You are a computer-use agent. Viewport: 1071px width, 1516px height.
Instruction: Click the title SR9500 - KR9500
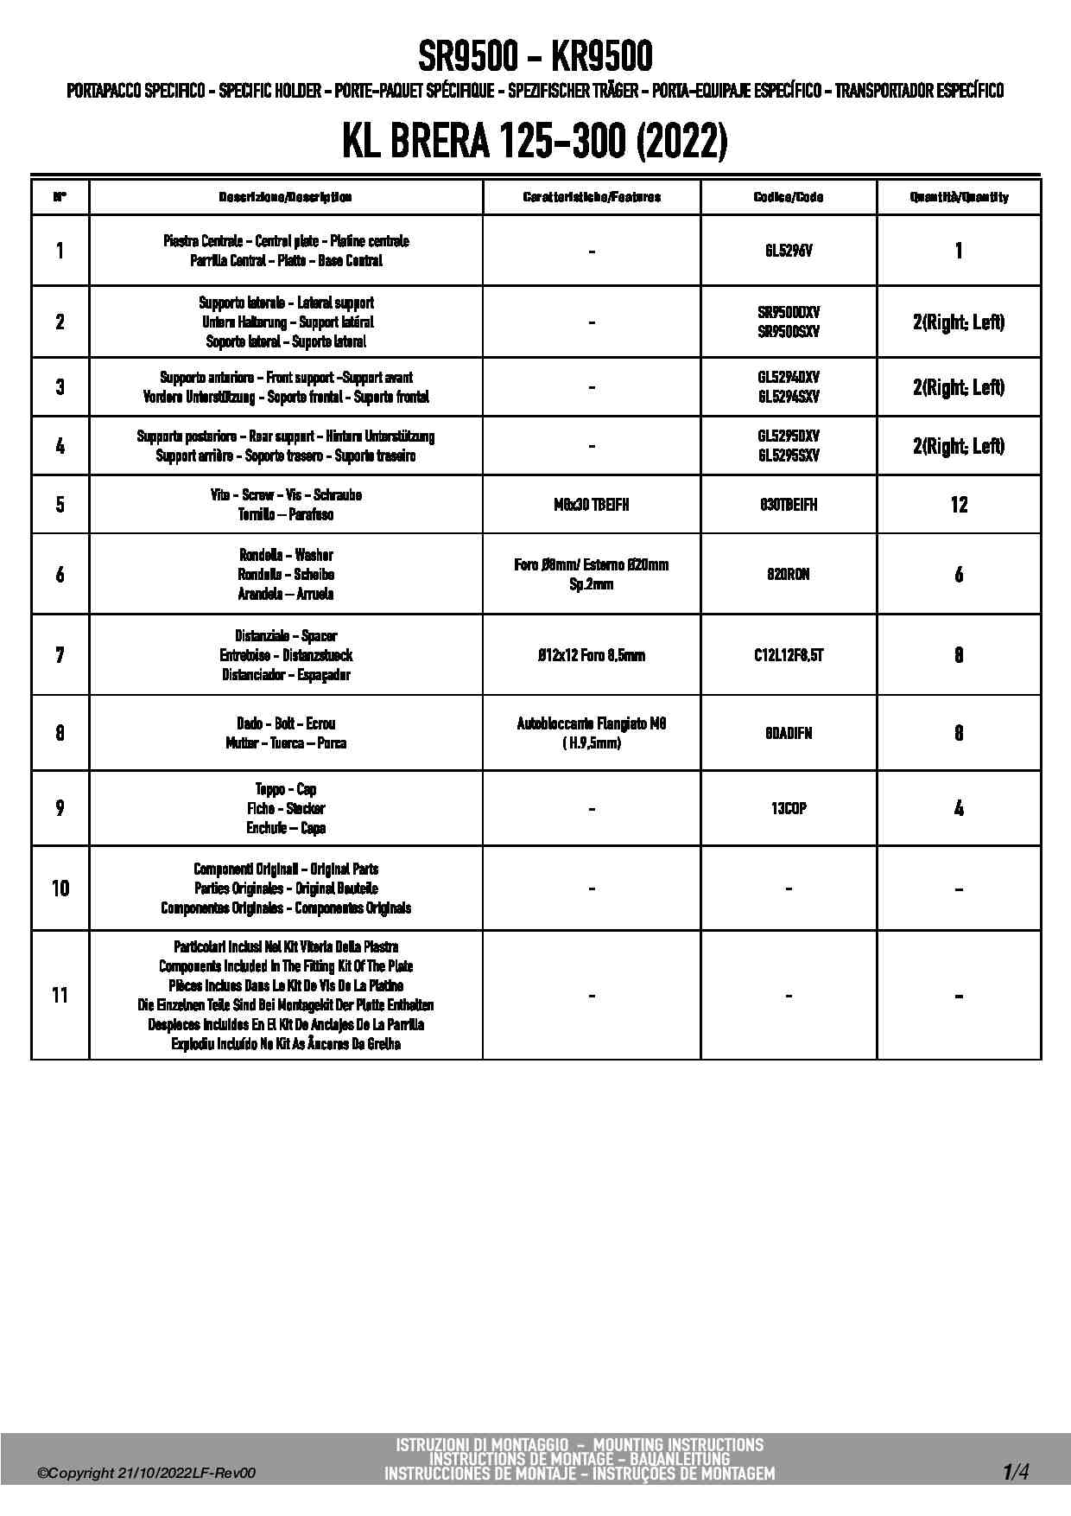pos(535,58)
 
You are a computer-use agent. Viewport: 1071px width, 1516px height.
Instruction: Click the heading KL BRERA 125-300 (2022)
pos(535,142)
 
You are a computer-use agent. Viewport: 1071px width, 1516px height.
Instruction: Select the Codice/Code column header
pos(788,197)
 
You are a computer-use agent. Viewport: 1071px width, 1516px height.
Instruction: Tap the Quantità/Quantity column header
pos(959,197)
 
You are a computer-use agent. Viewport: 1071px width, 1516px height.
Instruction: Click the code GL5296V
pos(788,251)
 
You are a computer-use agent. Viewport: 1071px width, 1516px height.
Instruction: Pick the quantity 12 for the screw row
pos(959,505)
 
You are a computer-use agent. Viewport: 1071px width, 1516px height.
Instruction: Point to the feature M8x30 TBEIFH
pos(591,505)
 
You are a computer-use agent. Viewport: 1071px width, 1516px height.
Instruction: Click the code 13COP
pos(788,808)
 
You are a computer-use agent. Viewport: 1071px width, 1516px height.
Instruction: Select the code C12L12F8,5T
pos(788,655)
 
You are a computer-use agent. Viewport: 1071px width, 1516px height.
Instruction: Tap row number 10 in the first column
pos(60,889)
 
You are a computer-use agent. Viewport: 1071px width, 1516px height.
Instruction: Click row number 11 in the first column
pos(60,995)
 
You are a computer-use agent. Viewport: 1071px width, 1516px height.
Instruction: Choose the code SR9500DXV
pos(788,312)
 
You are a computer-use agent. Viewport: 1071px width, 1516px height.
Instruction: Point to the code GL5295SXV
pos(788,455)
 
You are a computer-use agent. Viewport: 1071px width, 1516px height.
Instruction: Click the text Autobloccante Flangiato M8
pos(591,723)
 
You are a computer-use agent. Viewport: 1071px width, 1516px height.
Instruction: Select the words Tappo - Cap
pos(285,789)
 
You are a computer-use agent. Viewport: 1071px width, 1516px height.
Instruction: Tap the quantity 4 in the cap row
pos(959,808)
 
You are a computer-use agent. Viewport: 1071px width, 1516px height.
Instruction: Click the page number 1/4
pos(1015,1471)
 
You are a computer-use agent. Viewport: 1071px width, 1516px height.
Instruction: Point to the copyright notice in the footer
pos(147,1474)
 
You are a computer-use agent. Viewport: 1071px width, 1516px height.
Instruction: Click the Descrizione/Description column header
pos(285,197)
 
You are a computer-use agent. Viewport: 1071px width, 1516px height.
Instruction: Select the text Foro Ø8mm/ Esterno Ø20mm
pos(591,565)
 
